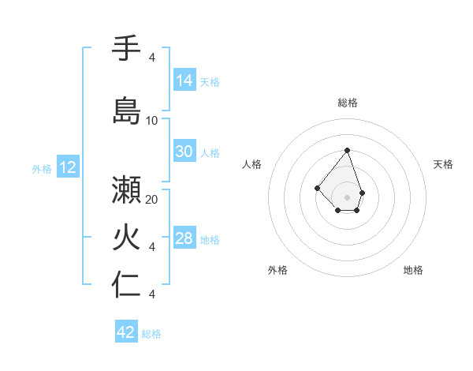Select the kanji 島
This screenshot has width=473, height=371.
coord(126,110)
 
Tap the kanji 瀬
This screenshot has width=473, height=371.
coord(126,189)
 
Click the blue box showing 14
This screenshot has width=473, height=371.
coord(184,81)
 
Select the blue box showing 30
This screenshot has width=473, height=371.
coord(184,152)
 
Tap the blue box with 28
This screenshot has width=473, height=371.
coord(184,239)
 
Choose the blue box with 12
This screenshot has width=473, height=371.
coord(68,167)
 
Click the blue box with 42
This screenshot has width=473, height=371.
coord(126,332)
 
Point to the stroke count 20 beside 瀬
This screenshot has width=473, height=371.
coord(152,200)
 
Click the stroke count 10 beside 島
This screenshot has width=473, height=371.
coord(152,121)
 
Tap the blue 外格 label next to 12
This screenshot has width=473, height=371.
coord(42,168)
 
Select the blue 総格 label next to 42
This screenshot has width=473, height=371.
coord(151,334)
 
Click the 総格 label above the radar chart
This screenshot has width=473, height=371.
coord(347,103)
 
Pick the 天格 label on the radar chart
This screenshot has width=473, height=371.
coord(443,164)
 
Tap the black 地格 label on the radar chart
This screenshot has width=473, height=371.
coord(413,270)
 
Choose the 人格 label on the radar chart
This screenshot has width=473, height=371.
coord(252,164)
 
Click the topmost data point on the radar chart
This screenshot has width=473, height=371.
coord(347,150)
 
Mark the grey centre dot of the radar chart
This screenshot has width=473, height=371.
coord(347,197)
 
